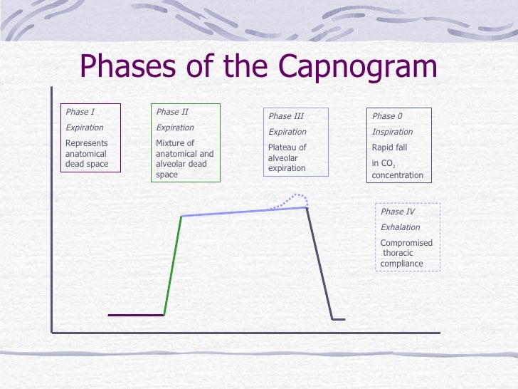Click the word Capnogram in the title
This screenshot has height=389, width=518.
[x=358, y=66]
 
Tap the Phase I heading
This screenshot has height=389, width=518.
[x=80, y=112]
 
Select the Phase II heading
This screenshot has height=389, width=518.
[x=172, y=112]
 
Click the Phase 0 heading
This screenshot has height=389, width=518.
[x=387, y=116]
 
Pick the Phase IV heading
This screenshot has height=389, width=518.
[x=398, y=212]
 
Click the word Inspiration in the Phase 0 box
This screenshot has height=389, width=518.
[x=392, y=132]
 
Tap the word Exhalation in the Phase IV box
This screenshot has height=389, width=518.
[x=400, y=227]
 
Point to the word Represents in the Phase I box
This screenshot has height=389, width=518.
[x=87, y=143]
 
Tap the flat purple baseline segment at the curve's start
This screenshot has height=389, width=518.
[x=136, y=314]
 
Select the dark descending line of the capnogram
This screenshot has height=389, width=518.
[x=320, y=264]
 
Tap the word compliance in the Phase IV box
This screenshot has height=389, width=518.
[x=402, y=264]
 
